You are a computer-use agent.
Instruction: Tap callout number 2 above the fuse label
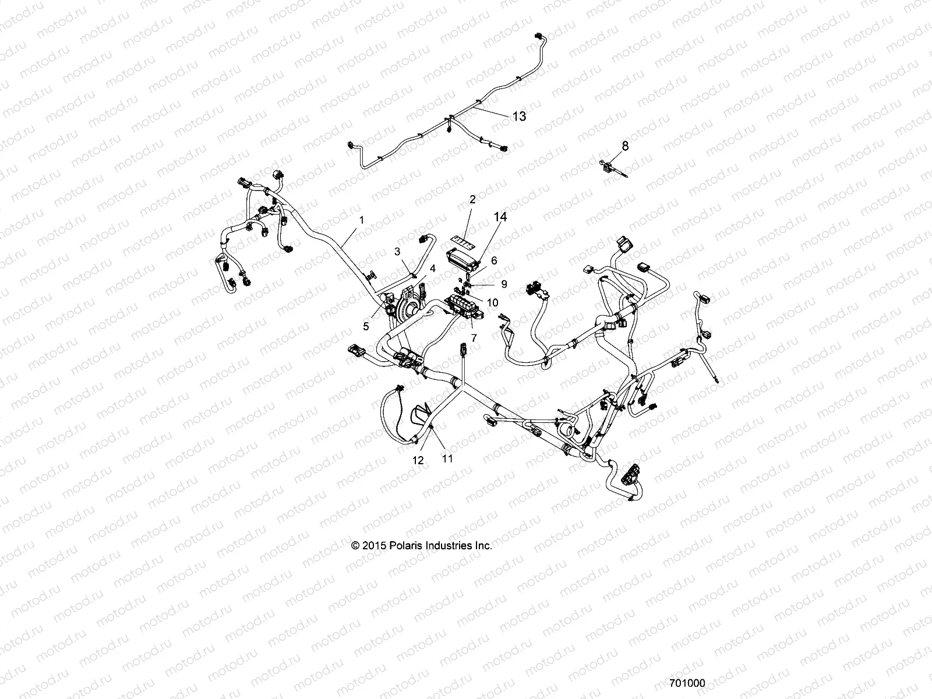click(472, 199)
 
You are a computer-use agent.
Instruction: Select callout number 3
click(397, 252)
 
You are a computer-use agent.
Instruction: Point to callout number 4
click(432, 269)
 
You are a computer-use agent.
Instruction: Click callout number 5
click(366, 327)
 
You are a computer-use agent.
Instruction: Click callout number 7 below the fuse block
click(474, 337)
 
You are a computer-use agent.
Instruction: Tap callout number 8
click(626, 146)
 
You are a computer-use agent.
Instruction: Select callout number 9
click(504, 284)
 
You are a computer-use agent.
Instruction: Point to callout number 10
click(493, 302)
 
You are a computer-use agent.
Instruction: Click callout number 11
click(447, 458)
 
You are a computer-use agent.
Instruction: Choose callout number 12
click(418, 460)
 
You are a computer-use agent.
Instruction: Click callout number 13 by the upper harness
click(518, 116)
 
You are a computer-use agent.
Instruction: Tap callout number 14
click(500, 217)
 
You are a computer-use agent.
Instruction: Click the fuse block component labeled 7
click(464, 306)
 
